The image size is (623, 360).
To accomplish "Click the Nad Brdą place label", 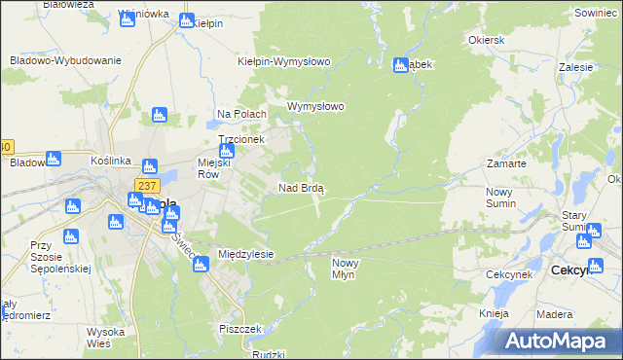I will (x=301, y=188).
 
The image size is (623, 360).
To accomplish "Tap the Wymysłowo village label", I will (x=315, y=107).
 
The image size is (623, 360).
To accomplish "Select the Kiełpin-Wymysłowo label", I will (x=284, y=61).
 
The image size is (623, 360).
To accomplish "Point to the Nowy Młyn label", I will (x=351, y=270).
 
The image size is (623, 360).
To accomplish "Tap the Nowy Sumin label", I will (x=505, y=198).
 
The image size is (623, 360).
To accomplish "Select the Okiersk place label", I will (x=486, y=41).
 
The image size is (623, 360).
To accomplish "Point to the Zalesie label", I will (x=576, y=68).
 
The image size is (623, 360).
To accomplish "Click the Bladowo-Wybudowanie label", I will (x=65, y=60).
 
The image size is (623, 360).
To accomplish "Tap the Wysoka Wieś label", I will (x=104, y=338).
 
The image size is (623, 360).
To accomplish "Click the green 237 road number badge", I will (x=147, y=186).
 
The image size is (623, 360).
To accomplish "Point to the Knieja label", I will (x=495, y=314).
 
